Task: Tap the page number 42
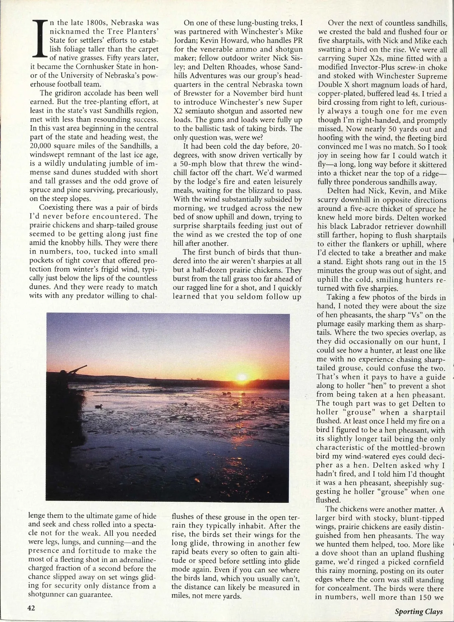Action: pos(31,608)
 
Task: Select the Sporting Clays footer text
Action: pos(418,611)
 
